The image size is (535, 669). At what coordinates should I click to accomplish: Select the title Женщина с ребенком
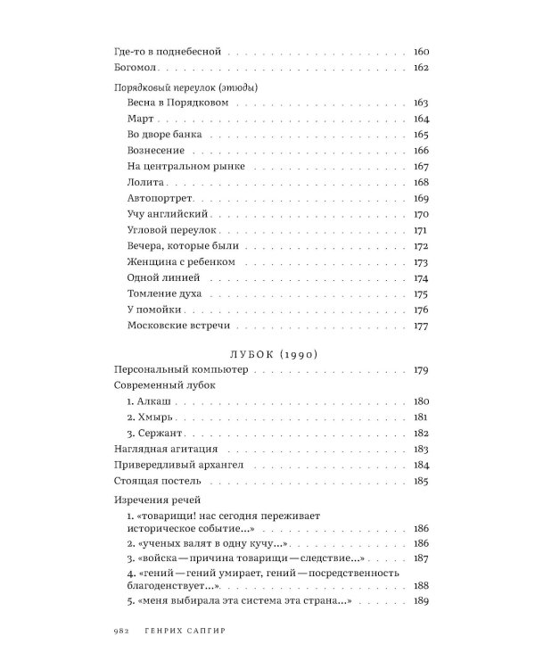click(182, 262)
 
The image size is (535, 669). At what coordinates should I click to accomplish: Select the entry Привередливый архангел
click(183, 465)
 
